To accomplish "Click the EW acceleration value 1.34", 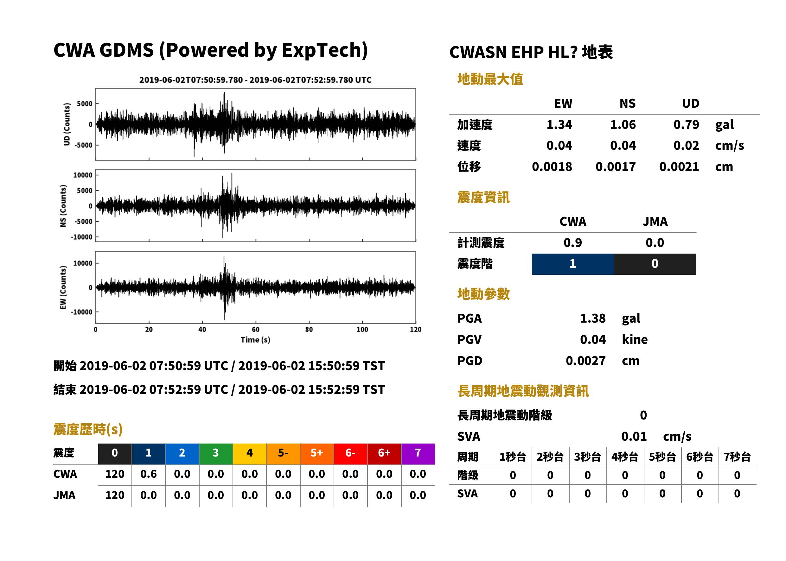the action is click(559, 124).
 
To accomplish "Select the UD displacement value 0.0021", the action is click(679, 167).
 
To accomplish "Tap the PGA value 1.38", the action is click(592, 318).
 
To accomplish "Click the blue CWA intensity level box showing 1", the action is click(573, 264).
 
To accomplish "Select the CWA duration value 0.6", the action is click(148, 474).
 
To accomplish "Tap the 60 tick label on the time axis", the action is click(255, 330).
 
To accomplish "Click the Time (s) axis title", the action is click(255, 340).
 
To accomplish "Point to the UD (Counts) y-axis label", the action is click(67, 124).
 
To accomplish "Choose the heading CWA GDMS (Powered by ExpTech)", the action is click(210, 50).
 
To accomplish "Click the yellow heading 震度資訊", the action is click(483, 197).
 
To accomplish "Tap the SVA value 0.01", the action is click(634, 436).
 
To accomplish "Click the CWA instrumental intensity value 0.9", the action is click(573, 243).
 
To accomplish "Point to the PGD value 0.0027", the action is click(585, 361).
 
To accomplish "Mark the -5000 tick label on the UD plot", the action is click(83, 145).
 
